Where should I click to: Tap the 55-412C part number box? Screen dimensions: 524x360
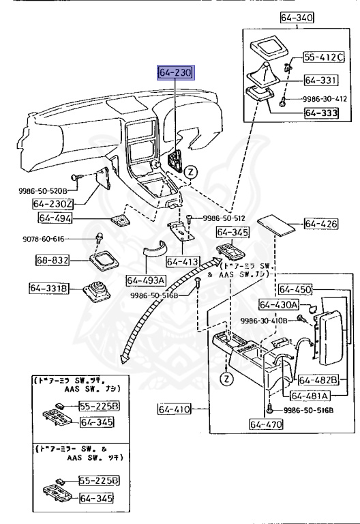pos(324,57)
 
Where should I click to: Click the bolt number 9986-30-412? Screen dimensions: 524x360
pos(320,98)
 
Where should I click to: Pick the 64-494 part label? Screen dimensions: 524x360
pos(55,218)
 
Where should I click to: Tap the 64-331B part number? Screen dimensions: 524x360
pos(50,289)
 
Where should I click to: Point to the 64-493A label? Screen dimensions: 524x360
pos(146,280)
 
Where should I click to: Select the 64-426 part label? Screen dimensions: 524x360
pos(321,224)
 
